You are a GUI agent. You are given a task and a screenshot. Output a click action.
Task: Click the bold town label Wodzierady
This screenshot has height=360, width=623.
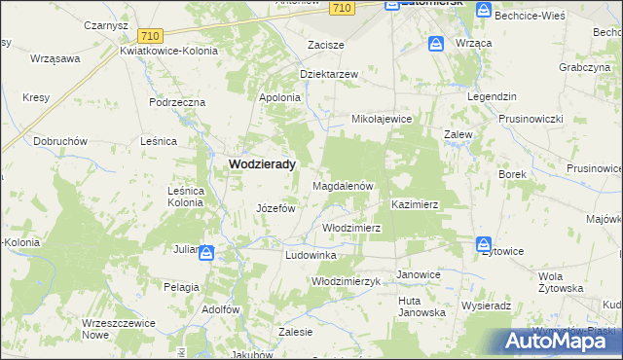pyautogui.click(x=262, y=165)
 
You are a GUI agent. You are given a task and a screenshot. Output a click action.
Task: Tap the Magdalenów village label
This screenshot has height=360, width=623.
pyautogui.click(x=343, y=185)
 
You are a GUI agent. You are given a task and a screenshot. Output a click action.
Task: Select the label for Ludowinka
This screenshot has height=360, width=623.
pyautogui.click(x=310, y=255)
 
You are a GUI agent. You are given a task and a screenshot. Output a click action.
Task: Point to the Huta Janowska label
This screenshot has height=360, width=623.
pyautogui.click(x=421, y=306)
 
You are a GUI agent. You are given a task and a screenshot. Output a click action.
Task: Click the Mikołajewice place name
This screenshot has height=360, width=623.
pyautogui.click(x=383, y=119)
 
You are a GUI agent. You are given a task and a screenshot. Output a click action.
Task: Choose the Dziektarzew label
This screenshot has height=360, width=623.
pyautogui.click(x=329, y=74)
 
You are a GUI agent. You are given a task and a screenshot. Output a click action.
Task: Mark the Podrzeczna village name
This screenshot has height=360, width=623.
pyautogui.click(x=177, y=101)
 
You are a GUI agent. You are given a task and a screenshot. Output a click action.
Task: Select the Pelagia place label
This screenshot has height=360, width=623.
pyautogui.click(x=181, y=287)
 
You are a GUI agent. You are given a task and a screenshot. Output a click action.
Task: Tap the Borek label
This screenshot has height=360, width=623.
pyautogui.click(x=512, y=174)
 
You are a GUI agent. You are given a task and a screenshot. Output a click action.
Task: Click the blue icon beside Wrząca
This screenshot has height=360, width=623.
pyautogui.click(x=436, y=44)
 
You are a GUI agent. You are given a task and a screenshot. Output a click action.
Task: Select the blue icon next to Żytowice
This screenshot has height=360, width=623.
pyautogui.click(x=483, y=244)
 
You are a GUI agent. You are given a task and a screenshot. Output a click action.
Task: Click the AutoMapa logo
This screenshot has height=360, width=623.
pyautogui.click(x=561, y=341)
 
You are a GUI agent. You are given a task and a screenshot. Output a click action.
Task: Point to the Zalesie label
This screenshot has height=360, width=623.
pyautogui.click(x=295, y=332)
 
